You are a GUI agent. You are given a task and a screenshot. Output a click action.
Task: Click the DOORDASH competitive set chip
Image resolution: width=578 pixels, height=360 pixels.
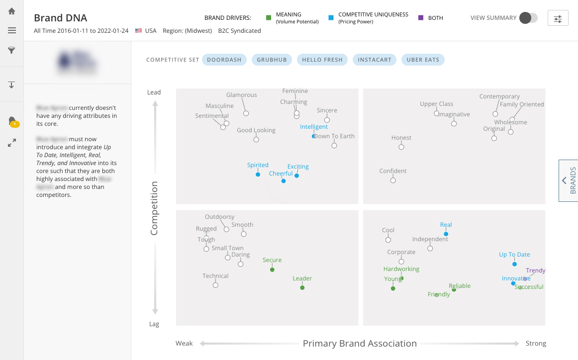coord(224,60)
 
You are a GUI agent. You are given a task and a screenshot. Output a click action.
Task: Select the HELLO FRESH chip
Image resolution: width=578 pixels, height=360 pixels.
coord(322,60)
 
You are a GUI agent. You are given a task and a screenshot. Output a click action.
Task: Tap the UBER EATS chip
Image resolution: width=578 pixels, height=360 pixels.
coord(423,60)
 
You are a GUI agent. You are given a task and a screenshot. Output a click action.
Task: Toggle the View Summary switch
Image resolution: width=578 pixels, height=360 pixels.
coord(528,18)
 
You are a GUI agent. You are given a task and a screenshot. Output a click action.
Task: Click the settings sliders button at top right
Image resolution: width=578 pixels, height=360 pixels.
coord(558,18)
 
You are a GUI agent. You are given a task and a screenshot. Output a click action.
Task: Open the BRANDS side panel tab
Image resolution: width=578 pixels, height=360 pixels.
coord(569,180)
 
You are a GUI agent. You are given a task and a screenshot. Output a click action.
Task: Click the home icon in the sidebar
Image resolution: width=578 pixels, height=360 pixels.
coord(12,11)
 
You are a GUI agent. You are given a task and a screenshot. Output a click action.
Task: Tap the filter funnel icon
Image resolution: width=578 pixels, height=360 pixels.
coord(12,50)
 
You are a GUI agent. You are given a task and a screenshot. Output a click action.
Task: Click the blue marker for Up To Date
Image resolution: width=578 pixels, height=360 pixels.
coord(514,264)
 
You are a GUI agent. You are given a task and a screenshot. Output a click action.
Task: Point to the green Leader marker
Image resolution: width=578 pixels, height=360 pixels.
coord(302,288)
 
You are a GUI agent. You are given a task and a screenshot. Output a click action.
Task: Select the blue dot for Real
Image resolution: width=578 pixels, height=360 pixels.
coord(446,234)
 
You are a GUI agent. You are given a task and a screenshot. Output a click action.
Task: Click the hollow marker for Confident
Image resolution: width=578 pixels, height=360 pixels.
coord(393,180)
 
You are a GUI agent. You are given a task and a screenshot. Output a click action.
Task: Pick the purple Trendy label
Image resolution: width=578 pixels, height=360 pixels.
coord(536,271)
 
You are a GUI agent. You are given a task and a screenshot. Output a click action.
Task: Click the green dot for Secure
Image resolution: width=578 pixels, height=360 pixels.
coord(272,270)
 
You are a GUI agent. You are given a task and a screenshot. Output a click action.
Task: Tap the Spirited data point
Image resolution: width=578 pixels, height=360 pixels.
coord(258,175)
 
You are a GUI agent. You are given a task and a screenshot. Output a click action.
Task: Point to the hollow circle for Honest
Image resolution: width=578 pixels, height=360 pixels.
coord(401,147)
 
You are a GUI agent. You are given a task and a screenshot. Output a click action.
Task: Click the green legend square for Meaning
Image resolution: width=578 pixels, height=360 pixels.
coord(269,18)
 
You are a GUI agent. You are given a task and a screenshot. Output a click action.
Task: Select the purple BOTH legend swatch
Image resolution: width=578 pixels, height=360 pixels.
coord(421,18)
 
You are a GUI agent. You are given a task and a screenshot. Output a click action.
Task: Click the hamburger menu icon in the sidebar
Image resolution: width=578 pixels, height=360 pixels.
coord(12,30)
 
